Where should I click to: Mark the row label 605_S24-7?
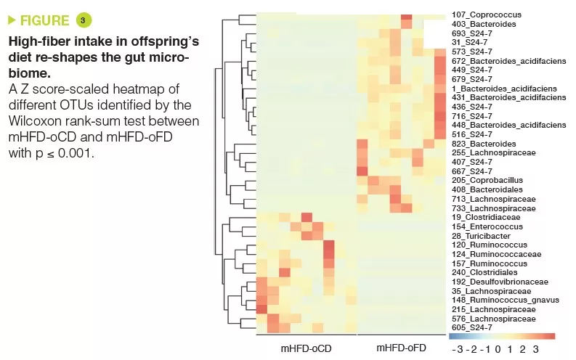(471, 327)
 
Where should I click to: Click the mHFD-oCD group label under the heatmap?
(306, 348)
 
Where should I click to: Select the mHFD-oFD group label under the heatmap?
(401, 348)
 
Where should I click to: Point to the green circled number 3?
(83, 20)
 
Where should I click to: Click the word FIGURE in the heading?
(45, 20)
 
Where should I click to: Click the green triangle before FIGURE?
(12, 20)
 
